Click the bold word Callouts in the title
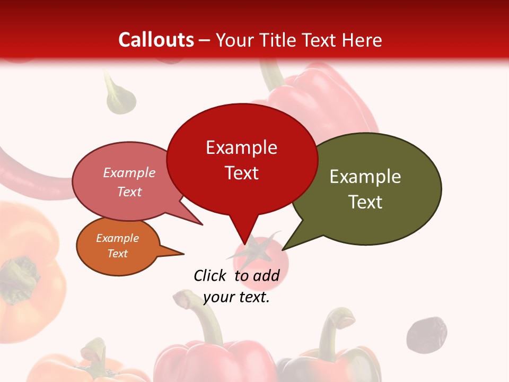tap(156, 40)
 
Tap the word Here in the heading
tap(363, 40)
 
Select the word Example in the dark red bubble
tap(241, 147)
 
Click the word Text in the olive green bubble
tap(365, 202)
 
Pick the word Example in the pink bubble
tap(129, 172)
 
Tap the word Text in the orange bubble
tap(117, 254)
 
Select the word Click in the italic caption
tap(209, 275)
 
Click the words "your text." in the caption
tap(236, 298)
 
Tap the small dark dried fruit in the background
tap(426, 335)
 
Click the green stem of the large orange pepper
tap(21, 273)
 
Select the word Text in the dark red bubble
tap(241, 173)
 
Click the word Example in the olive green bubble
tap(365, 176)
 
